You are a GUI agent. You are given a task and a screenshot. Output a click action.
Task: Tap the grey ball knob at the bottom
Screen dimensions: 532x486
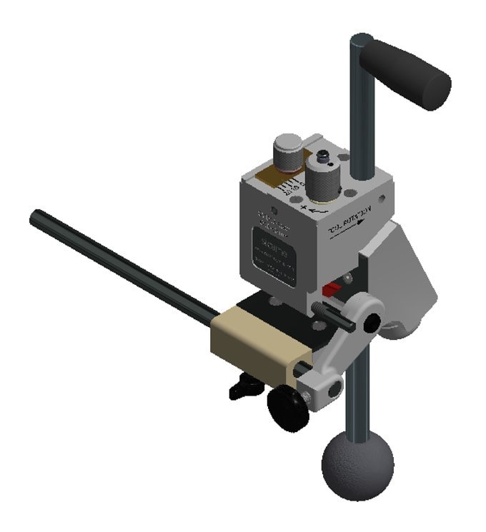pyautogui.click(x=357, y=468)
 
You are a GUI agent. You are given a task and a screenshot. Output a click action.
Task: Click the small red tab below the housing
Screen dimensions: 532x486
pyautogui.click(x=330, y=290)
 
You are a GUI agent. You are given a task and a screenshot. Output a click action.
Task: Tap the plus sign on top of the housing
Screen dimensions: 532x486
pyautogui.click(x=305, y=208)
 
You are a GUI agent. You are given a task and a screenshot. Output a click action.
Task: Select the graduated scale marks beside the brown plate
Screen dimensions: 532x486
pyautogui.click(x=292, y=187)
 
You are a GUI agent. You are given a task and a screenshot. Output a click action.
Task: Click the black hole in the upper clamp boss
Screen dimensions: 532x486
pyautogui.click(x=371, y=323)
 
